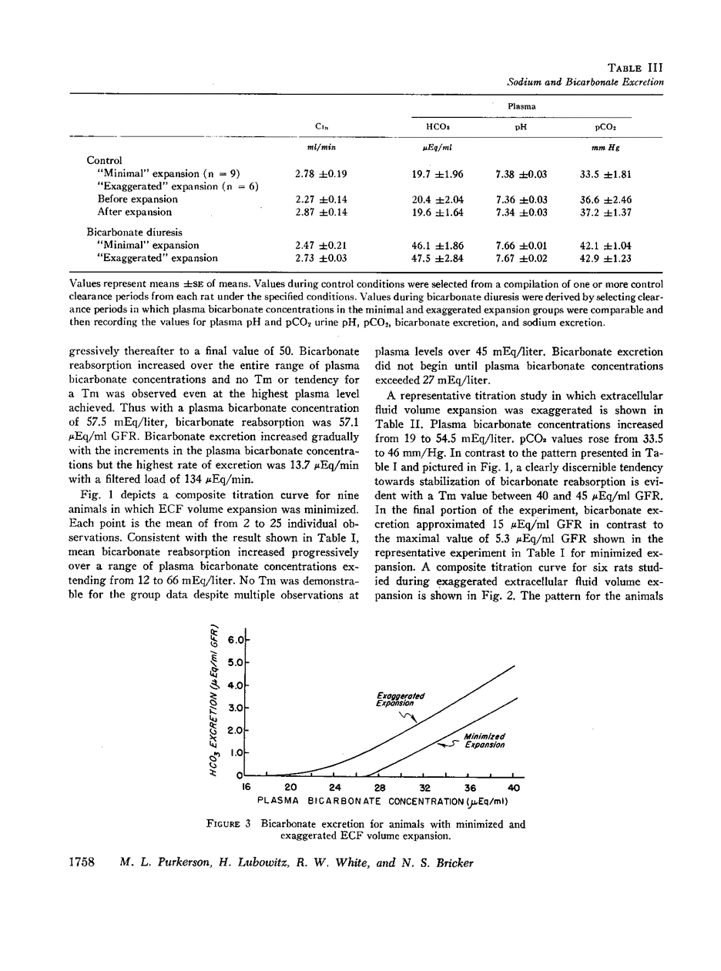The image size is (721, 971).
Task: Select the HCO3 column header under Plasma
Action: click(438, 127)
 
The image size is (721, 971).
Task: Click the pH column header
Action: click(520, 127)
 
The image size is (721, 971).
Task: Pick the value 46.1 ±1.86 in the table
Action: click(438, 246)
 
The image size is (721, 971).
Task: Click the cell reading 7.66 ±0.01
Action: click(520, 246)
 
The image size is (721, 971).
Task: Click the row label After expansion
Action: click(135, 212)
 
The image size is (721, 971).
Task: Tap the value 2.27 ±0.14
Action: click(321, 199)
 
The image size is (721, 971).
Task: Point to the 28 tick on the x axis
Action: click(380, 788)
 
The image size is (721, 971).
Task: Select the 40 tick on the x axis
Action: click(514, 788)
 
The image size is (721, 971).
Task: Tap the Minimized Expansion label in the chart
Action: click(485, 741)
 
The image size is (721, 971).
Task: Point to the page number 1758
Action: click(77, 862)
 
